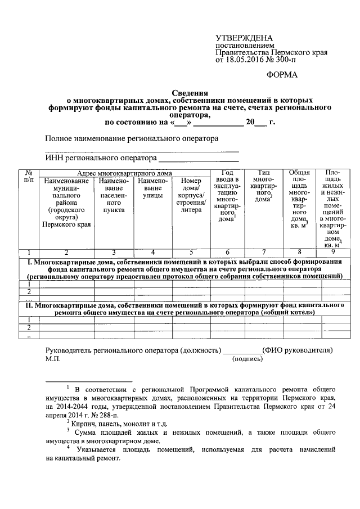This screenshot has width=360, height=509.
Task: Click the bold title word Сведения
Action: coord(190,92)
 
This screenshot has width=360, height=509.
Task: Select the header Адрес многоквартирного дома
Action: coord(124,173)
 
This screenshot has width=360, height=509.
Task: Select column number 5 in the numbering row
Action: coord(191,252)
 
